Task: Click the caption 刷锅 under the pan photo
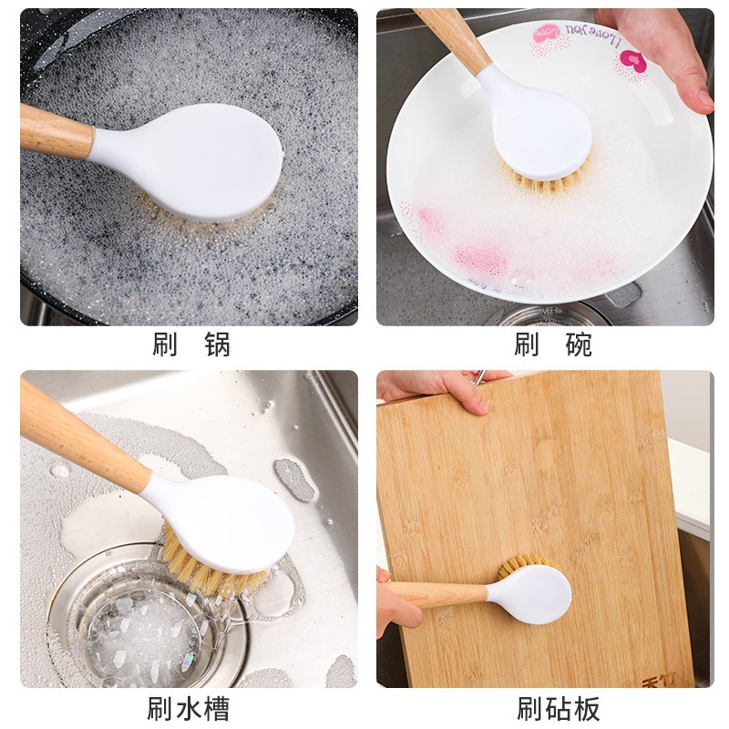[190, 344]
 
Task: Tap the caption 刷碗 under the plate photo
[552, 344]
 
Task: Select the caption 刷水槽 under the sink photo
[189, 708]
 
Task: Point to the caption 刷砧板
[558, 708]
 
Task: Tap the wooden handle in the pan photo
[55, 130]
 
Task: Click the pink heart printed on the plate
[632, 62]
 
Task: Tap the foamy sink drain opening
[137, 629]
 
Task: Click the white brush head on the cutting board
[533, 593]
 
